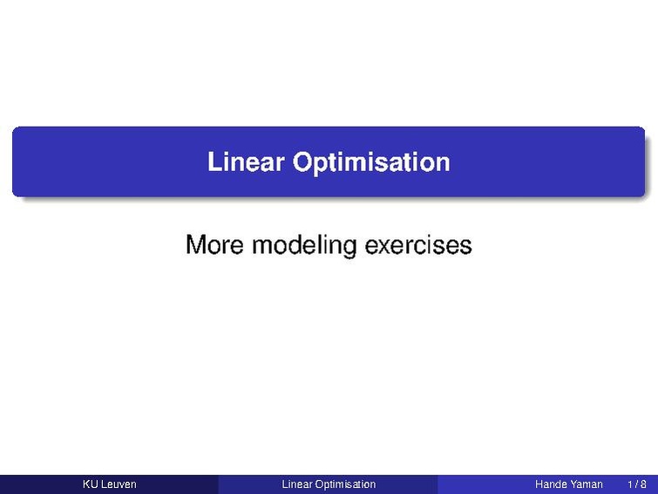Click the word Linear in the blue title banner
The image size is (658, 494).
pyautogui.click(x=247, y=161)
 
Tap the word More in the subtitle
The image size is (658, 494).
pyautogui.click(x=214, y=244)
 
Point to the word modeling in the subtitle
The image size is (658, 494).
pyautogui.click(x=304, y=246)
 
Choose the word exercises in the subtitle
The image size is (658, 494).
pyautogui.click(x=418, y=245)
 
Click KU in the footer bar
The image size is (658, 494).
pyautogui.click(x=90, y=484)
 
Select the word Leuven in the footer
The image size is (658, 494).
pyautogui.click(x=118, y=484)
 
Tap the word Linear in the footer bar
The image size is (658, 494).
pyautogui.click(x=297, y=484)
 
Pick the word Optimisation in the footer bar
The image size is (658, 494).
pyautogui.click(x=345, y=484)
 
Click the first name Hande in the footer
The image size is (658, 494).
pyautogui.click(x=550, y=484)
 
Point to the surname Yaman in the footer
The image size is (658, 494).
pyautogui.click(x=586, y=484)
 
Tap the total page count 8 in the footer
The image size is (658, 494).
pyautogui.click(x=643, y=484)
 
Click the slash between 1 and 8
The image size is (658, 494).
pyautogui.click(x=636, y=484)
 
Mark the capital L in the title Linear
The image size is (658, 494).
pyautogui.click(x=214, y=161)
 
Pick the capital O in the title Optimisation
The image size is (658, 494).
pyautogui.click(x=302, y=161)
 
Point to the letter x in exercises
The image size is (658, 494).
pyautogui.click(x=388, y=248)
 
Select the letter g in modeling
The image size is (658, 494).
pyautogui.click(x=349, y=250)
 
